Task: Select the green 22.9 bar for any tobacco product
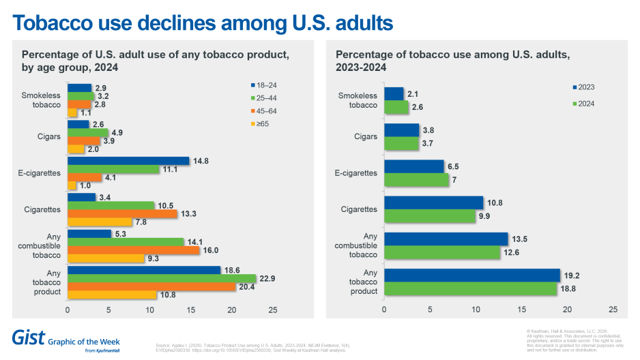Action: (x=161, y=277)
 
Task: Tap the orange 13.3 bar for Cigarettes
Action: (x=122, y=214)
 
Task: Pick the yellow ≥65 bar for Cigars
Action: (x=76, y=149)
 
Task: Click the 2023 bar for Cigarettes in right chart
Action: (x=433, y=202)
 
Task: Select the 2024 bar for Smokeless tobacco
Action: (x=396, y=106)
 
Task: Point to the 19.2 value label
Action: (x=570, y=275)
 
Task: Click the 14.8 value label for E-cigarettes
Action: (x=201, y=160)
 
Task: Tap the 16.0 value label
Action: (x=212, y=250)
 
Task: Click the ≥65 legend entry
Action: (x=264, y=124)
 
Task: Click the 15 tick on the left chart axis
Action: (x=190, y=310)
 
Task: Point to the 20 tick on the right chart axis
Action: (x=566, y=310)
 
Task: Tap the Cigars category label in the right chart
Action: (x=366, y=136)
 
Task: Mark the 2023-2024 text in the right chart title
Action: (x=361, y=67)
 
